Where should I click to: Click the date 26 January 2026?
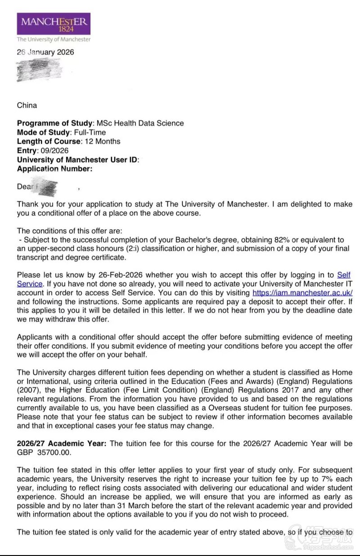pyautogui.click(x=45, y=52)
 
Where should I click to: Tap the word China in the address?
pyautogui.click(x=27, y=106)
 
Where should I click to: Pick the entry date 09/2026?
pyautogui.click(x=54, y=150)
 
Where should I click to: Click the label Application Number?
pyautogui.click(x=54, y=169)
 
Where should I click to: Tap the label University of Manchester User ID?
pyautogui.click(x=78, y=160)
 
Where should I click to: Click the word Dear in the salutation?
pyautogui.click(x=25, y=187)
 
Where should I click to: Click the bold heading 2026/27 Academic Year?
pyautogui.click(x=62, y=443)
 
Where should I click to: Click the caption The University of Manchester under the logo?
pyautogui.click(x=54, y=39)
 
